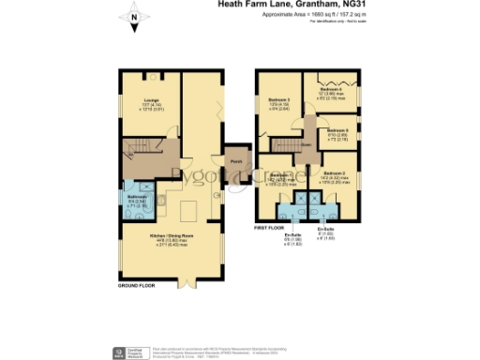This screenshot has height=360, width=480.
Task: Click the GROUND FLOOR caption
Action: click(137, 284)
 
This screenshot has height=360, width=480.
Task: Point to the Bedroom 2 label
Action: click(335, 174)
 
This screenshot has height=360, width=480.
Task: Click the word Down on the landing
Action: click(306, 145)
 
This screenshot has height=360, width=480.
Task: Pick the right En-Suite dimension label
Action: click(326, 232)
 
